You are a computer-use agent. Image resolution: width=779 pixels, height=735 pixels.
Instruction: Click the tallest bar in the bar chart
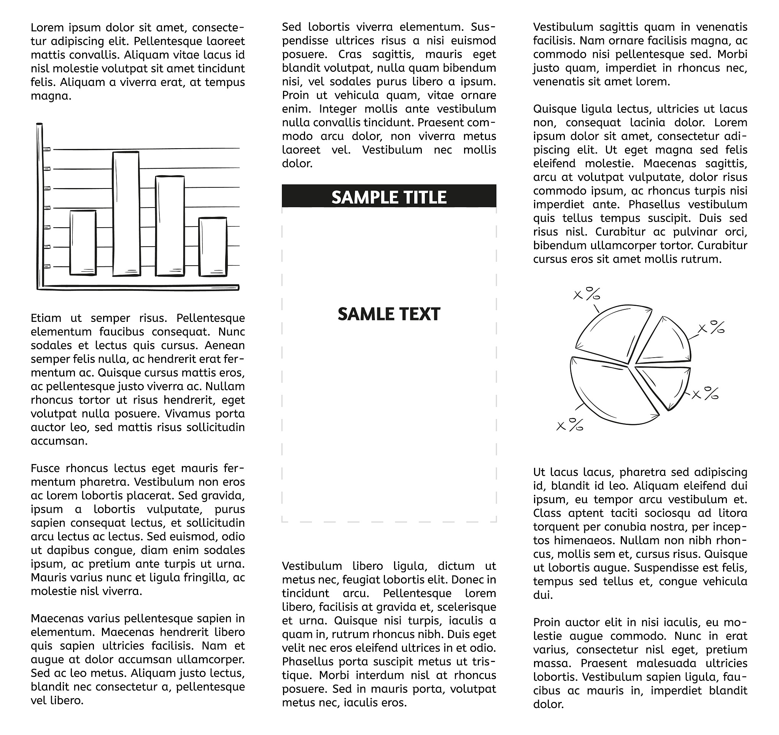(x=126, y=214)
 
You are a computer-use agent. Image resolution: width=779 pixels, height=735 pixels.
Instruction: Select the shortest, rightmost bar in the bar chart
(x=213, y=247)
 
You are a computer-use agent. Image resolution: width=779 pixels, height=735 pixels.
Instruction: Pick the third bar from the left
(x=170, y=226)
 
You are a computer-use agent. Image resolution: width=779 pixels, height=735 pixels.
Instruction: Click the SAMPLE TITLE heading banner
(x=388, y=196)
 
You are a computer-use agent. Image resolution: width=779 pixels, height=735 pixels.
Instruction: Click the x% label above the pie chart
(x=587, y=294)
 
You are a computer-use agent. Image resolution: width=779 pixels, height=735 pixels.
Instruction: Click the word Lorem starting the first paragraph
(x=47, y=28)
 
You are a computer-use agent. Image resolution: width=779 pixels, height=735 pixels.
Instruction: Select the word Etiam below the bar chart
(x=46, y=318)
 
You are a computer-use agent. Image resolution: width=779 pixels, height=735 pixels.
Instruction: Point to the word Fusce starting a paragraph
(x=46, y=468)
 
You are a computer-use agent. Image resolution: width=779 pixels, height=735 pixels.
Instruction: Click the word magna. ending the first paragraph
(x=51, y=96)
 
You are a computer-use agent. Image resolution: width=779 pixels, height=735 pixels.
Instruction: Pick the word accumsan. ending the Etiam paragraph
(x=59, y=441)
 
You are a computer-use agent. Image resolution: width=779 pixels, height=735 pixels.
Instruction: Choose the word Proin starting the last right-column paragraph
(x=547, y=622)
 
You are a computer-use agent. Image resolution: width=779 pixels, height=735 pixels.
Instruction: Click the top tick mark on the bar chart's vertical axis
(x=47, y=149)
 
